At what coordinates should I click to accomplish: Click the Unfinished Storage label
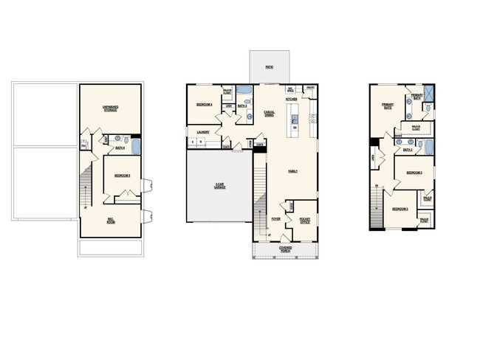point(112,109)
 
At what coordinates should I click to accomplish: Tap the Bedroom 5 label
point(122,175)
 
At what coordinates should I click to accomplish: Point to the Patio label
point(269,68)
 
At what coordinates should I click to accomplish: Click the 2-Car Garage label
point(220,186)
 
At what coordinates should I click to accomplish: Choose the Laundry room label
point(203,133)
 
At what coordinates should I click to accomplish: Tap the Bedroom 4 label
point(205,105)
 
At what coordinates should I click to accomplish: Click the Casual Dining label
point(270,114)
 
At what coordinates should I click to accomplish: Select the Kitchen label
point(291,99)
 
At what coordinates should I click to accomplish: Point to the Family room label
point(292,171)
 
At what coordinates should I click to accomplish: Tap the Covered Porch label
point(285,249)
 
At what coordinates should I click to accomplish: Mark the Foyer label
point(275,220)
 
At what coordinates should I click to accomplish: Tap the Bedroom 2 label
point(414,173)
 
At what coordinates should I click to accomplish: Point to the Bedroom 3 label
point(400,210)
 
